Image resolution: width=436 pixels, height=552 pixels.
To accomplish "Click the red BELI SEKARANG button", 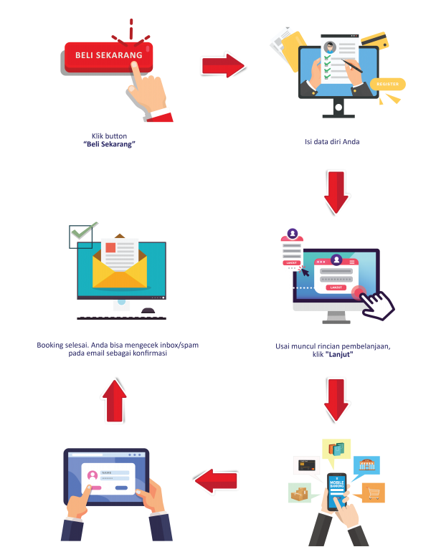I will point(108,56).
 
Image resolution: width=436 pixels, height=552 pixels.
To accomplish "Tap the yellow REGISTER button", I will point(387,85).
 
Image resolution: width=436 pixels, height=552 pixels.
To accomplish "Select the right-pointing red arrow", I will point(224,66).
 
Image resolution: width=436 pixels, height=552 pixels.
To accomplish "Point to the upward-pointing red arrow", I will point(114,399).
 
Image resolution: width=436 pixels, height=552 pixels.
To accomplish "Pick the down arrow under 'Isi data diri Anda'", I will point(335,192).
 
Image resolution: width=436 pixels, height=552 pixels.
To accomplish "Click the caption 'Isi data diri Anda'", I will point(331,142).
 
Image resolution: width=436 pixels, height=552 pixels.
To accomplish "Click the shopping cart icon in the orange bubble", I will point(373,492).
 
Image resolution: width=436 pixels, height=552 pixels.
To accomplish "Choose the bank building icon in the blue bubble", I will point(367,465).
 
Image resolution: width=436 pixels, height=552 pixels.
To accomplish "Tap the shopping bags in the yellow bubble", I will point(336,449).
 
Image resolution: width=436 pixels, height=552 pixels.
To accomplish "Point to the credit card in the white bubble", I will point(307,465).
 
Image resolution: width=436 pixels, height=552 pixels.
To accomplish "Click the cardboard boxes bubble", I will point(299,493).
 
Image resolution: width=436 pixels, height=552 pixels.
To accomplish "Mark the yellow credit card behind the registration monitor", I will point(375,41).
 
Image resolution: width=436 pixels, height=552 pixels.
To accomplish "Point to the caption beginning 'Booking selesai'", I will point(118,349).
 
